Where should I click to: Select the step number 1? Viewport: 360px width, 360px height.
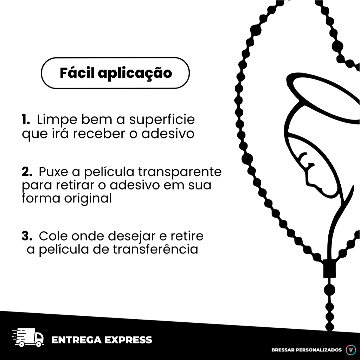point(26,120)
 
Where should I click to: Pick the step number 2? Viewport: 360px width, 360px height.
point(27,172)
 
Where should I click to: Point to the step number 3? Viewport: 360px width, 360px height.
point(27,236)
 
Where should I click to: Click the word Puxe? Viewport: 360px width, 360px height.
point(53,172)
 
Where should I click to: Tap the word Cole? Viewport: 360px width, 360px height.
point(53,236)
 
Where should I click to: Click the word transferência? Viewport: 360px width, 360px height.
point(155,249)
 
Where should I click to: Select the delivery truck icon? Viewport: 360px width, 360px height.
point(28,337)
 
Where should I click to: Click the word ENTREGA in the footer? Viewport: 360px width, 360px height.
point(76,340)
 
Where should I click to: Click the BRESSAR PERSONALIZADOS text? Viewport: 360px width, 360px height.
point(307,350)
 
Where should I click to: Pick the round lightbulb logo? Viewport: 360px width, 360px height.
point(351,350)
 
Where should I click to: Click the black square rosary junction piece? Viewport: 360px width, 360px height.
point(329,268)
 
